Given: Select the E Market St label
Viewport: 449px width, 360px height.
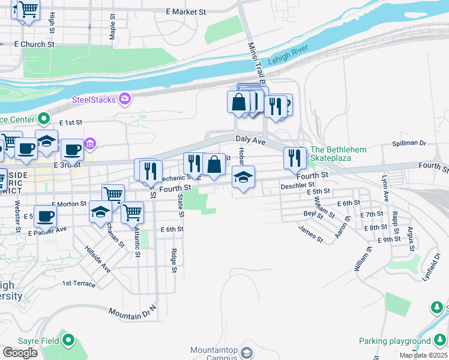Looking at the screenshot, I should pos(185,11).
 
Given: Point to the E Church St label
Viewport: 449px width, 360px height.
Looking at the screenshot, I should pos(34,44).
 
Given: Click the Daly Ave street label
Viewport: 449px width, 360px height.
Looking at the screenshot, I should pos(250,139).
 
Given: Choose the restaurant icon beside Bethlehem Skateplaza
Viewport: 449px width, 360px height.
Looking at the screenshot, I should pos(295,158).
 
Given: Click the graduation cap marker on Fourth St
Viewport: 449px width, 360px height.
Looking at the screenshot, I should pos(243,177).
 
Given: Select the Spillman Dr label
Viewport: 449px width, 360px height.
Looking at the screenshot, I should pos(408,144).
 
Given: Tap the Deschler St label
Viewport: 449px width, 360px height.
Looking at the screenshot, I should pos(294,186).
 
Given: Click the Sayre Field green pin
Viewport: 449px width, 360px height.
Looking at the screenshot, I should pos(68,341).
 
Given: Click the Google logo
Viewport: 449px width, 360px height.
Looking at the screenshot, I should pos(20,352).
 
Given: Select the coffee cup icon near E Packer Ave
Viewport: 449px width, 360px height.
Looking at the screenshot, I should pos(44,216).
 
